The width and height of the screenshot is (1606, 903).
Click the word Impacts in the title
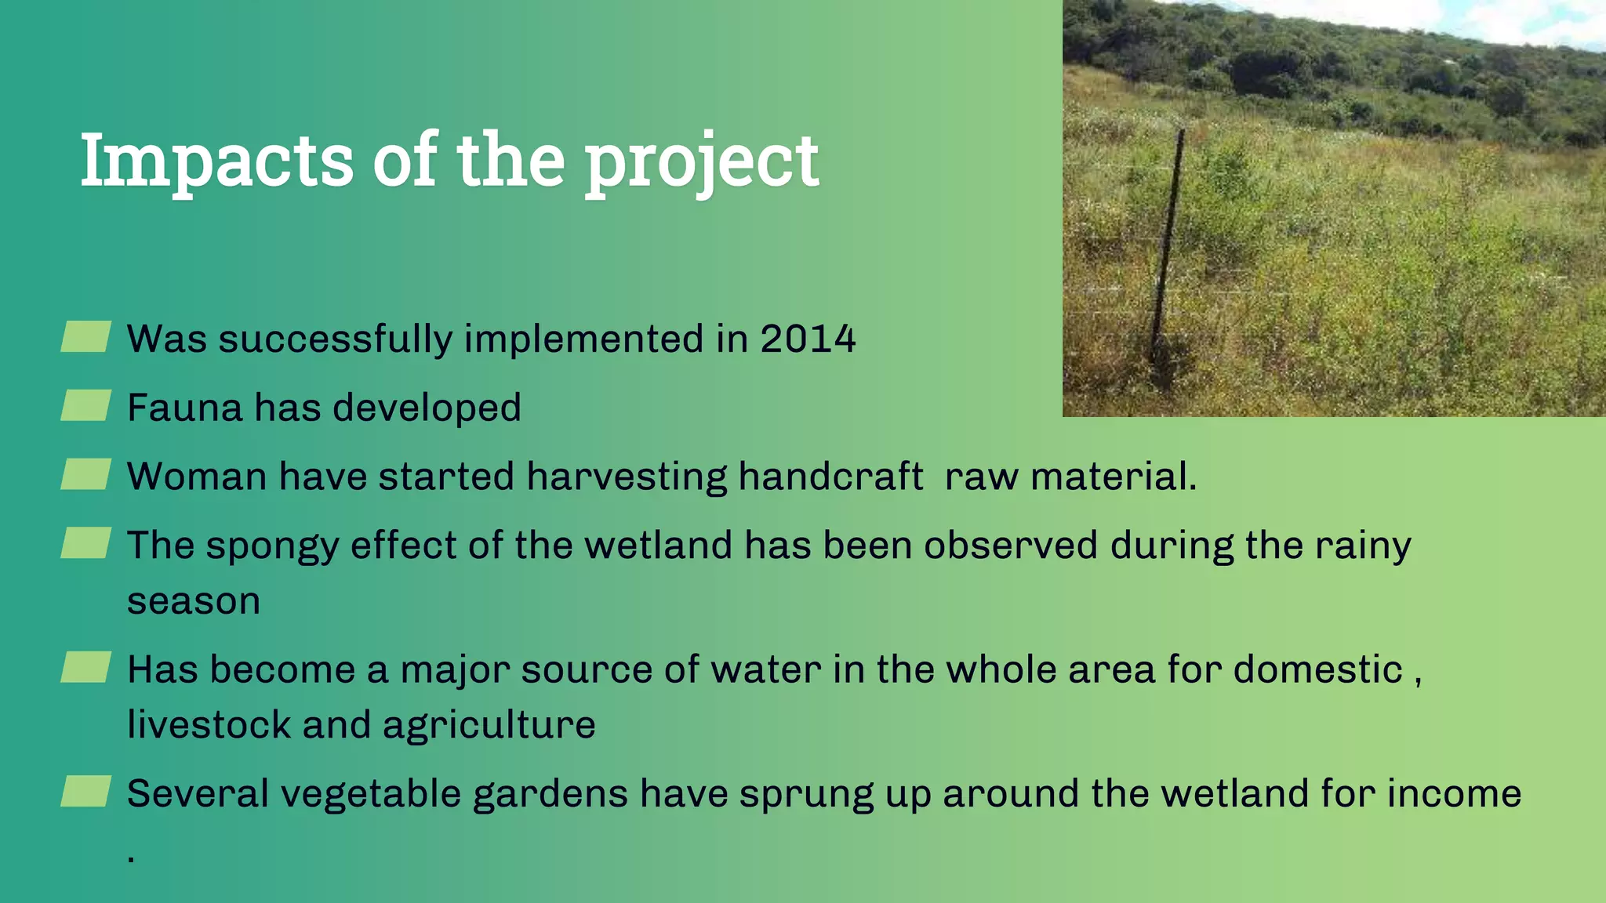(216, 161)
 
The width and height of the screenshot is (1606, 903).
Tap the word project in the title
(702, 163)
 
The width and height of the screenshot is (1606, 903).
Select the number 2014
(807, 339)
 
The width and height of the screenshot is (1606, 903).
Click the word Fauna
(184, 408)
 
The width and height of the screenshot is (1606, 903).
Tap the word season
(193, 602)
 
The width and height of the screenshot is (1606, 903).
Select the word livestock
(209, 724)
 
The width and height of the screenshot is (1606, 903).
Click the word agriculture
(489, 726)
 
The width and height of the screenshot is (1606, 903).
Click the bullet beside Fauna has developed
(85, 406)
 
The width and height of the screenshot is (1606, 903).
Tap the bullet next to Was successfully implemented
(85, 337)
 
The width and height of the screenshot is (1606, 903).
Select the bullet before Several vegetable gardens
(85, 792)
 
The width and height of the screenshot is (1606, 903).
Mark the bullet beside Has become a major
(85, 668)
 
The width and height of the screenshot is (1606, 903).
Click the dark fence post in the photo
(1167, 251)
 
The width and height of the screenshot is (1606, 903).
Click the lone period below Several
(131, 860)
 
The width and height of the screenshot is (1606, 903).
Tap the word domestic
(1317, 671)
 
